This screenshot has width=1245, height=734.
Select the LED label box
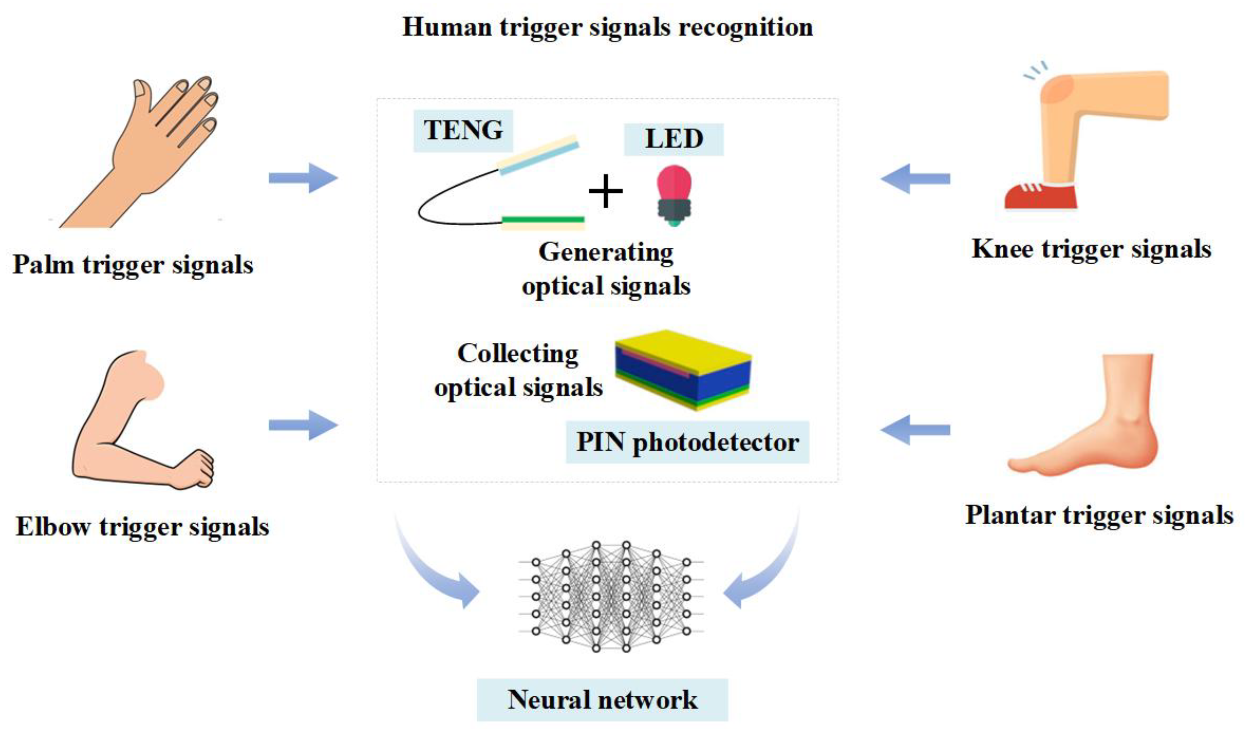point(673,139)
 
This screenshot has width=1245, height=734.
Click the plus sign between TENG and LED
point(605,191)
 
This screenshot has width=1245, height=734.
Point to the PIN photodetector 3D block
point(683,370)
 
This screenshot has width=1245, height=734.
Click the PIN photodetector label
point(687,442)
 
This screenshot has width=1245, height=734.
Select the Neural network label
point(602,699)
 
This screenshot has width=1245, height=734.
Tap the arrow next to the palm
point(303,178)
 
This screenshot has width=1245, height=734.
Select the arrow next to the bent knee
point(916,178)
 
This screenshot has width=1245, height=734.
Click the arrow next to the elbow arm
point(303,425)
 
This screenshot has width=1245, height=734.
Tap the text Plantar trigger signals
point(1099,515)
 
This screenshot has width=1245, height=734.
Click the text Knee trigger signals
point(1091,249)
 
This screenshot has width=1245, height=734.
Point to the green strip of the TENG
point(543,219)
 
